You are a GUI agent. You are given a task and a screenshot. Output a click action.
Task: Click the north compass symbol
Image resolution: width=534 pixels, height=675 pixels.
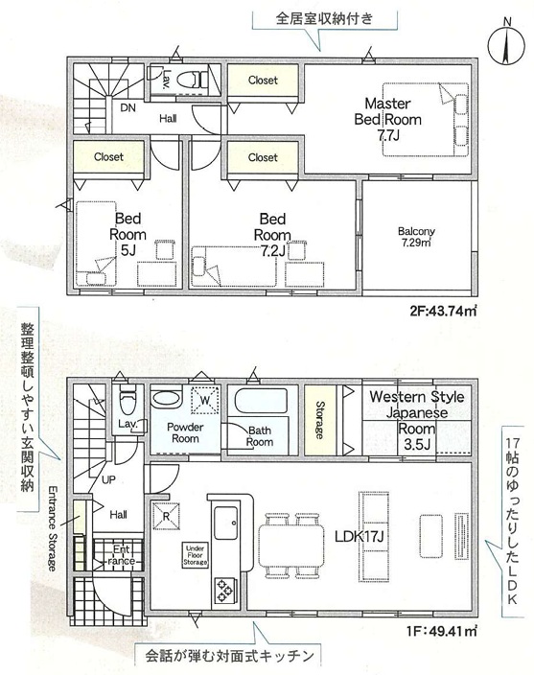point(507,43)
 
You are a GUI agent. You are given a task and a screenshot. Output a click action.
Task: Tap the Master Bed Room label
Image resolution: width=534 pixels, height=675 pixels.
point(387,119)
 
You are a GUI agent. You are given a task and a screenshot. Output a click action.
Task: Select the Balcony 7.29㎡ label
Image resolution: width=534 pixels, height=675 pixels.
point(416,237)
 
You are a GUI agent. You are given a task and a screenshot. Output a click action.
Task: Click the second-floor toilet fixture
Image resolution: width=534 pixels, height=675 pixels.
point(193,80)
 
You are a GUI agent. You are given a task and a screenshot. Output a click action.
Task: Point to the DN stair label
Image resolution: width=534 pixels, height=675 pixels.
point(128,107)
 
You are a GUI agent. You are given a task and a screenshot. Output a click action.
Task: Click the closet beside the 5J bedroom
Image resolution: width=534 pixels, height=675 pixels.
point(108,157)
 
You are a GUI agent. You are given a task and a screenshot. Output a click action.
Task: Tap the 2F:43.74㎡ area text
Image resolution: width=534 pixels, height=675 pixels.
point(443,311)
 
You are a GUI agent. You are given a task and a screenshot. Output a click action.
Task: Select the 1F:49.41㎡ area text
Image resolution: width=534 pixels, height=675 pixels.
point(442,632)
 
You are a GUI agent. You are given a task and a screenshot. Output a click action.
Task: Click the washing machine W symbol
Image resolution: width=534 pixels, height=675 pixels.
point(205,401)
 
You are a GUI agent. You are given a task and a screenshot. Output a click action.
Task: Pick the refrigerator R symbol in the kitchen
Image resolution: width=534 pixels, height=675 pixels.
point(167,516)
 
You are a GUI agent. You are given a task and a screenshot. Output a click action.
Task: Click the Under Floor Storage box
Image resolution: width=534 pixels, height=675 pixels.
point(196,555)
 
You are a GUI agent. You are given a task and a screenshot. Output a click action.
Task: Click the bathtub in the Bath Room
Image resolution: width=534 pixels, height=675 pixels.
point(261,401)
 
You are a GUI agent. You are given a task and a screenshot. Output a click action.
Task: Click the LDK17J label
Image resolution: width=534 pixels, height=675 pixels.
point(360,536)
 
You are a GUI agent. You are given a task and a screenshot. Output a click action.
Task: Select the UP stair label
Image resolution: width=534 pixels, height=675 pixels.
point(108,479)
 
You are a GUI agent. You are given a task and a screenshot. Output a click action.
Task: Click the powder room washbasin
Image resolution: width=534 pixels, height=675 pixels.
point(165,397)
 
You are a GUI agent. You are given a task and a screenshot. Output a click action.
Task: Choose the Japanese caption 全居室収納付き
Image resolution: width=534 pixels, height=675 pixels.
point(324,18)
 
